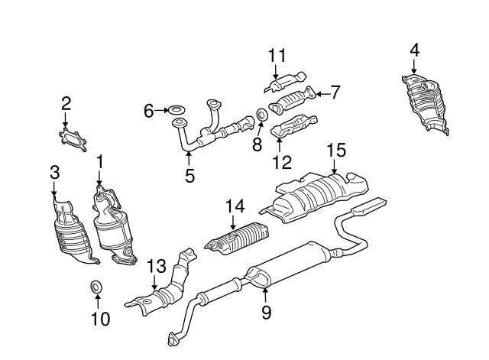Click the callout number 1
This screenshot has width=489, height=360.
pyautogui.click(x=99, y=161)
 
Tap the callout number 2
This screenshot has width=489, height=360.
pyautogui.click(x=66, y=103)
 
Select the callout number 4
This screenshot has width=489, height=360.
pyautogui.click(x=414, y=50)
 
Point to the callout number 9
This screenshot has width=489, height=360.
pyautogui.click(x=266, y=311)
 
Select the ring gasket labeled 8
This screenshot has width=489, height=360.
pyautogui.click(x=261, y=115)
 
